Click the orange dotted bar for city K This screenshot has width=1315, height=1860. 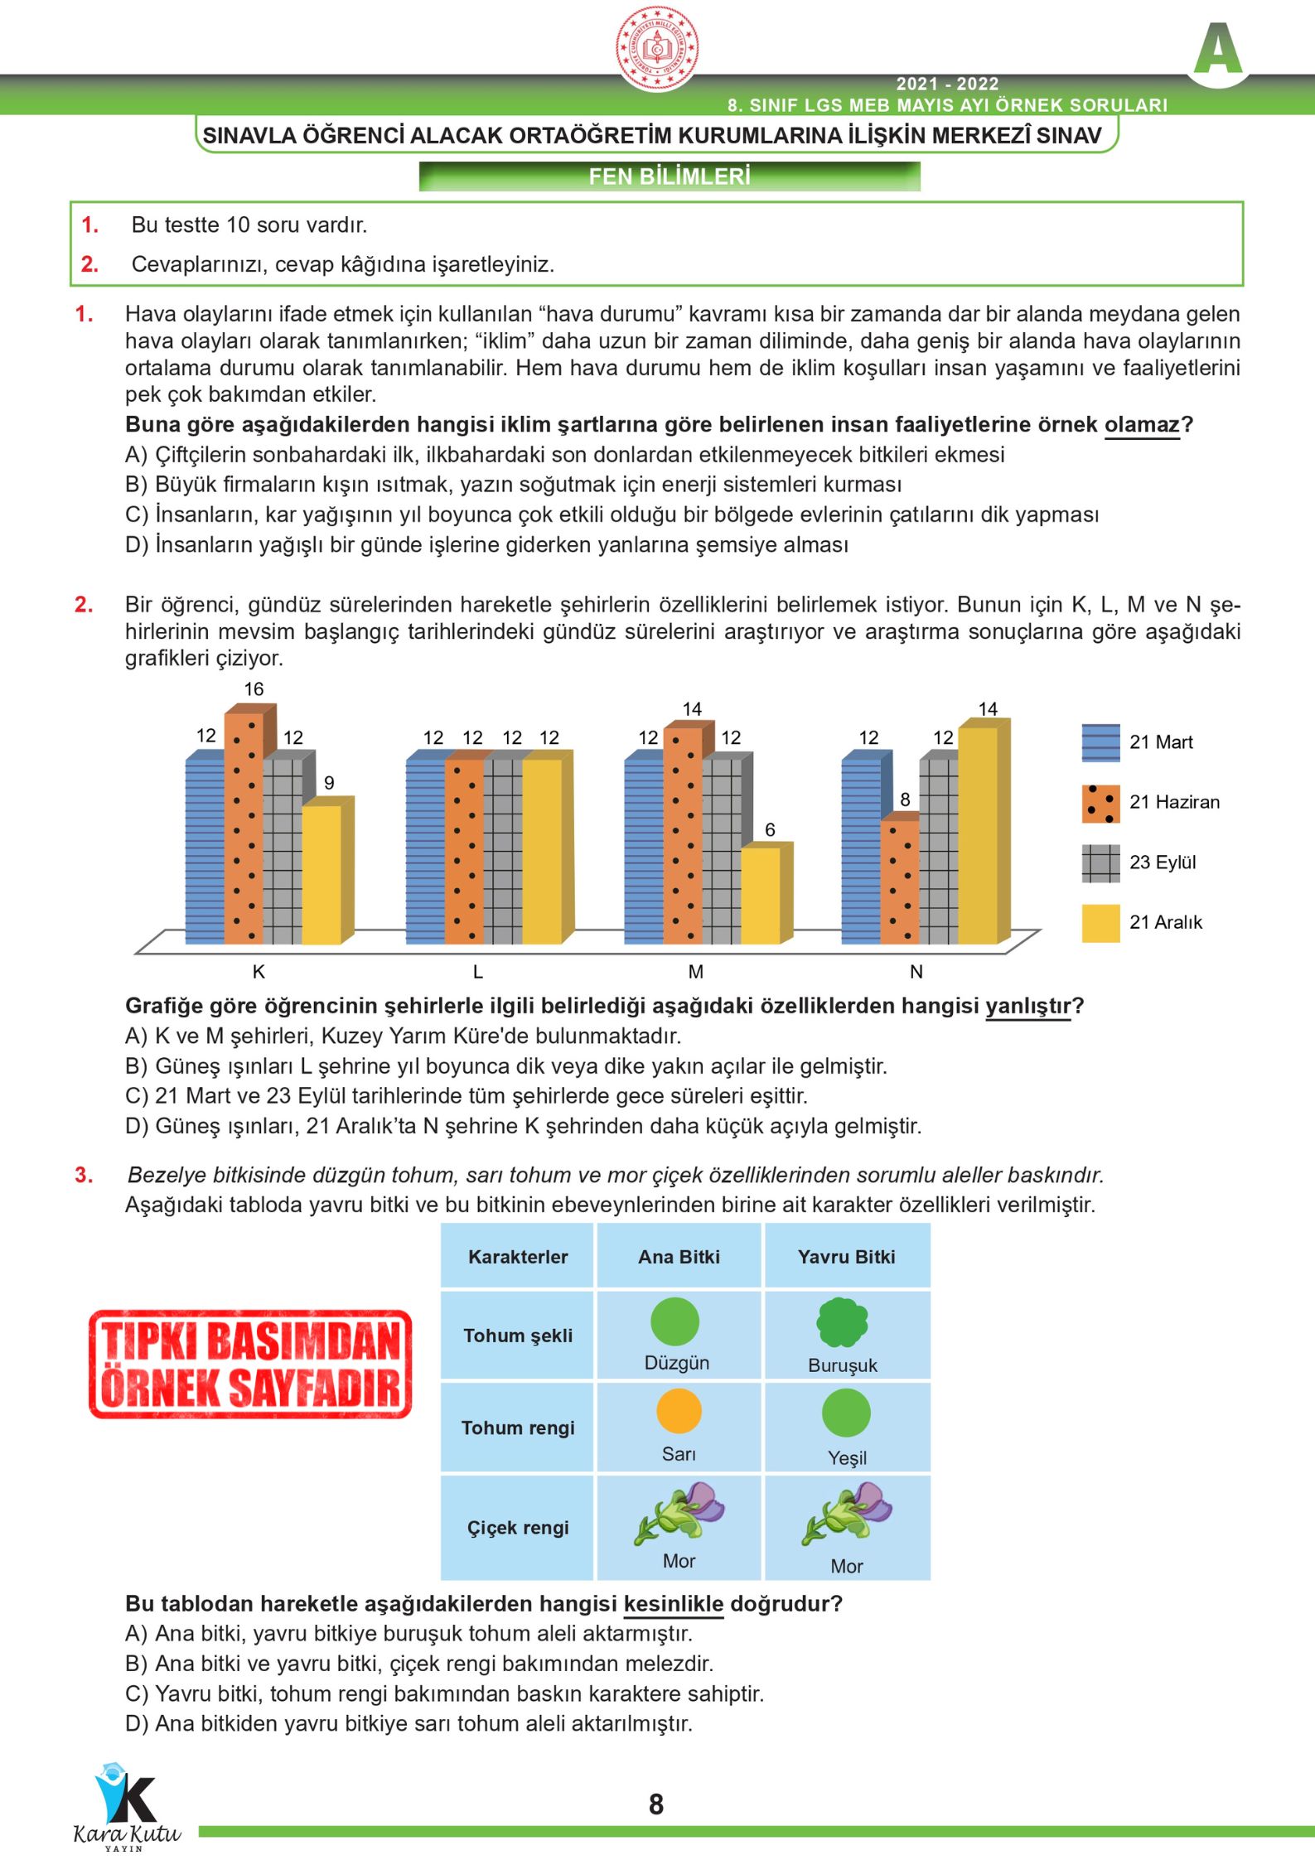coord(244,829)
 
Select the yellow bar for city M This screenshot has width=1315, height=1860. coord(761,895)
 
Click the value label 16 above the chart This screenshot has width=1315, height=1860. coord(254,689)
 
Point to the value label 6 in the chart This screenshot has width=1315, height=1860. coord(770,830)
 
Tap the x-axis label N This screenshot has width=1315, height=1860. coord(916,973)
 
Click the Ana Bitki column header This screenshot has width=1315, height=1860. coord(679,1257)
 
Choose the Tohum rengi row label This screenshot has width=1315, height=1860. coord(518,1428)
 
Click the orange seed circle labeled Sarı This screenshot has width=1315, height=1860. coord(679,1412)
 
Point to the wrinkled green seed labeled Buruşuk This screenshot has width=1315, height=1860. coord(843,1321)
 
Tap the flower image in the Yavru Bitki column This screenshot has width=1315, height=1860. coord(847,1514)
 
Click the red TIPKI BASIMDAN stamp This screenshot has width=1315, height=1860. coord(250,1364)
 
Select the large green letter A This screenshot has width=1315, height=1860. coord(1217,50)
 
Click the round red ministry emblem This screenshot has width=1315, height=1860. coord(657,47)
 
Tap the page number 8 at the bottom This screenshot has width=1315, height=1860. coord(656,1804)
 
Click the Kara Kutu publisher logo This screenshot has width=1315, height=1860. coord(127,1806)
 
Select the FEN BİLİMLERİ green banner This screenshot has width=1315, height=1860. coord(670,176)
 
